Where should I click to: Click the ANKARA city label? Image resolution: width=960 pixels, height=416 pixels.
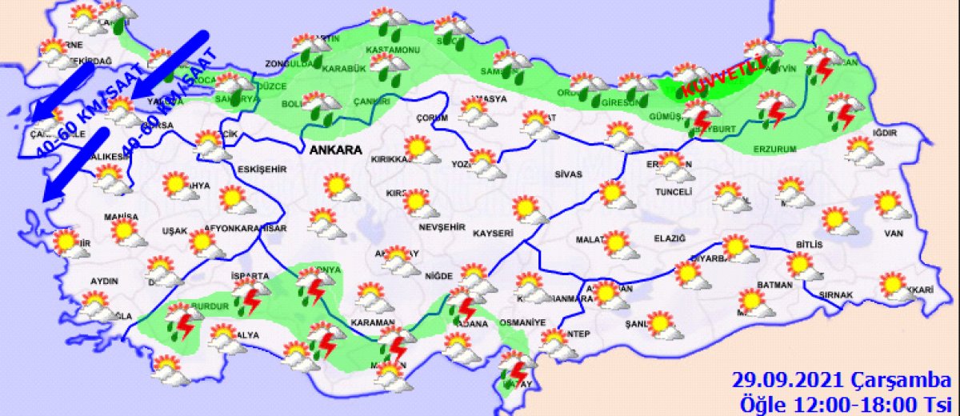[x=334, y=150]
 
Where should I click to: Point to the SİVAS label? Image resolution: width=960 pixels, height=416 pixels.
[x=569, y=174]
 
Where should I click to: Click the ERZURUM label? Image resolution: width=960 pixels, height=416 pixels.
[x=775, y=149]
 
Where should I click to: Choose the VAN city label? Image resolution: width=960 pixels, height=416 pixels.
[x=893, y=234]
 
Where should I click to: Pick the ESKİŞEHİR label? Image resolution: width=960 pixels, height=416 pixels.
[x=261, y=168]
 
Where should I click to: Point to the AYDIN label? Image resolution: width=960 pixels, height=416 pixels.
[x=105, y=282]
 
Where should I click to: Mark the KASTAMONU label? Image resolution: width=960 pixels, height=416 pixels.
[x=393, y=50]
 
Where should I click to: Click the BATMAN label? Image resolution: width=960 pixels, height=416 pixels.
[x=777, y=285]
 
